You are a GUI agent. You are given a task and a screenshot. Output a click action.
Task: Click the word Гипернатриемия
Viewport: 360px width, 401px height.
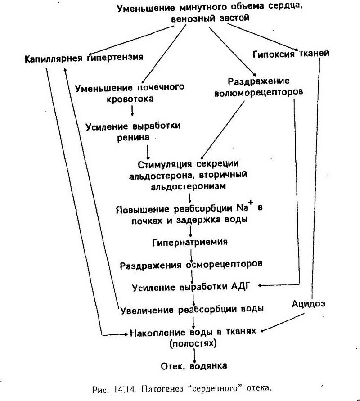[x=191, y=242]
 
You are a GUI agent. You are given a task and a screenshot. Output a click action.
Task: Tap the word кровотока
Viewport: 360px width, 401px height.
[x=130, y=98]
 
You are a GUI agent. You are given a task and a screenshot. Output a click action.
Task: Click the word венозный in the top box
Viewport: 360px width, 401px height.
[x=192, y=19]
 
